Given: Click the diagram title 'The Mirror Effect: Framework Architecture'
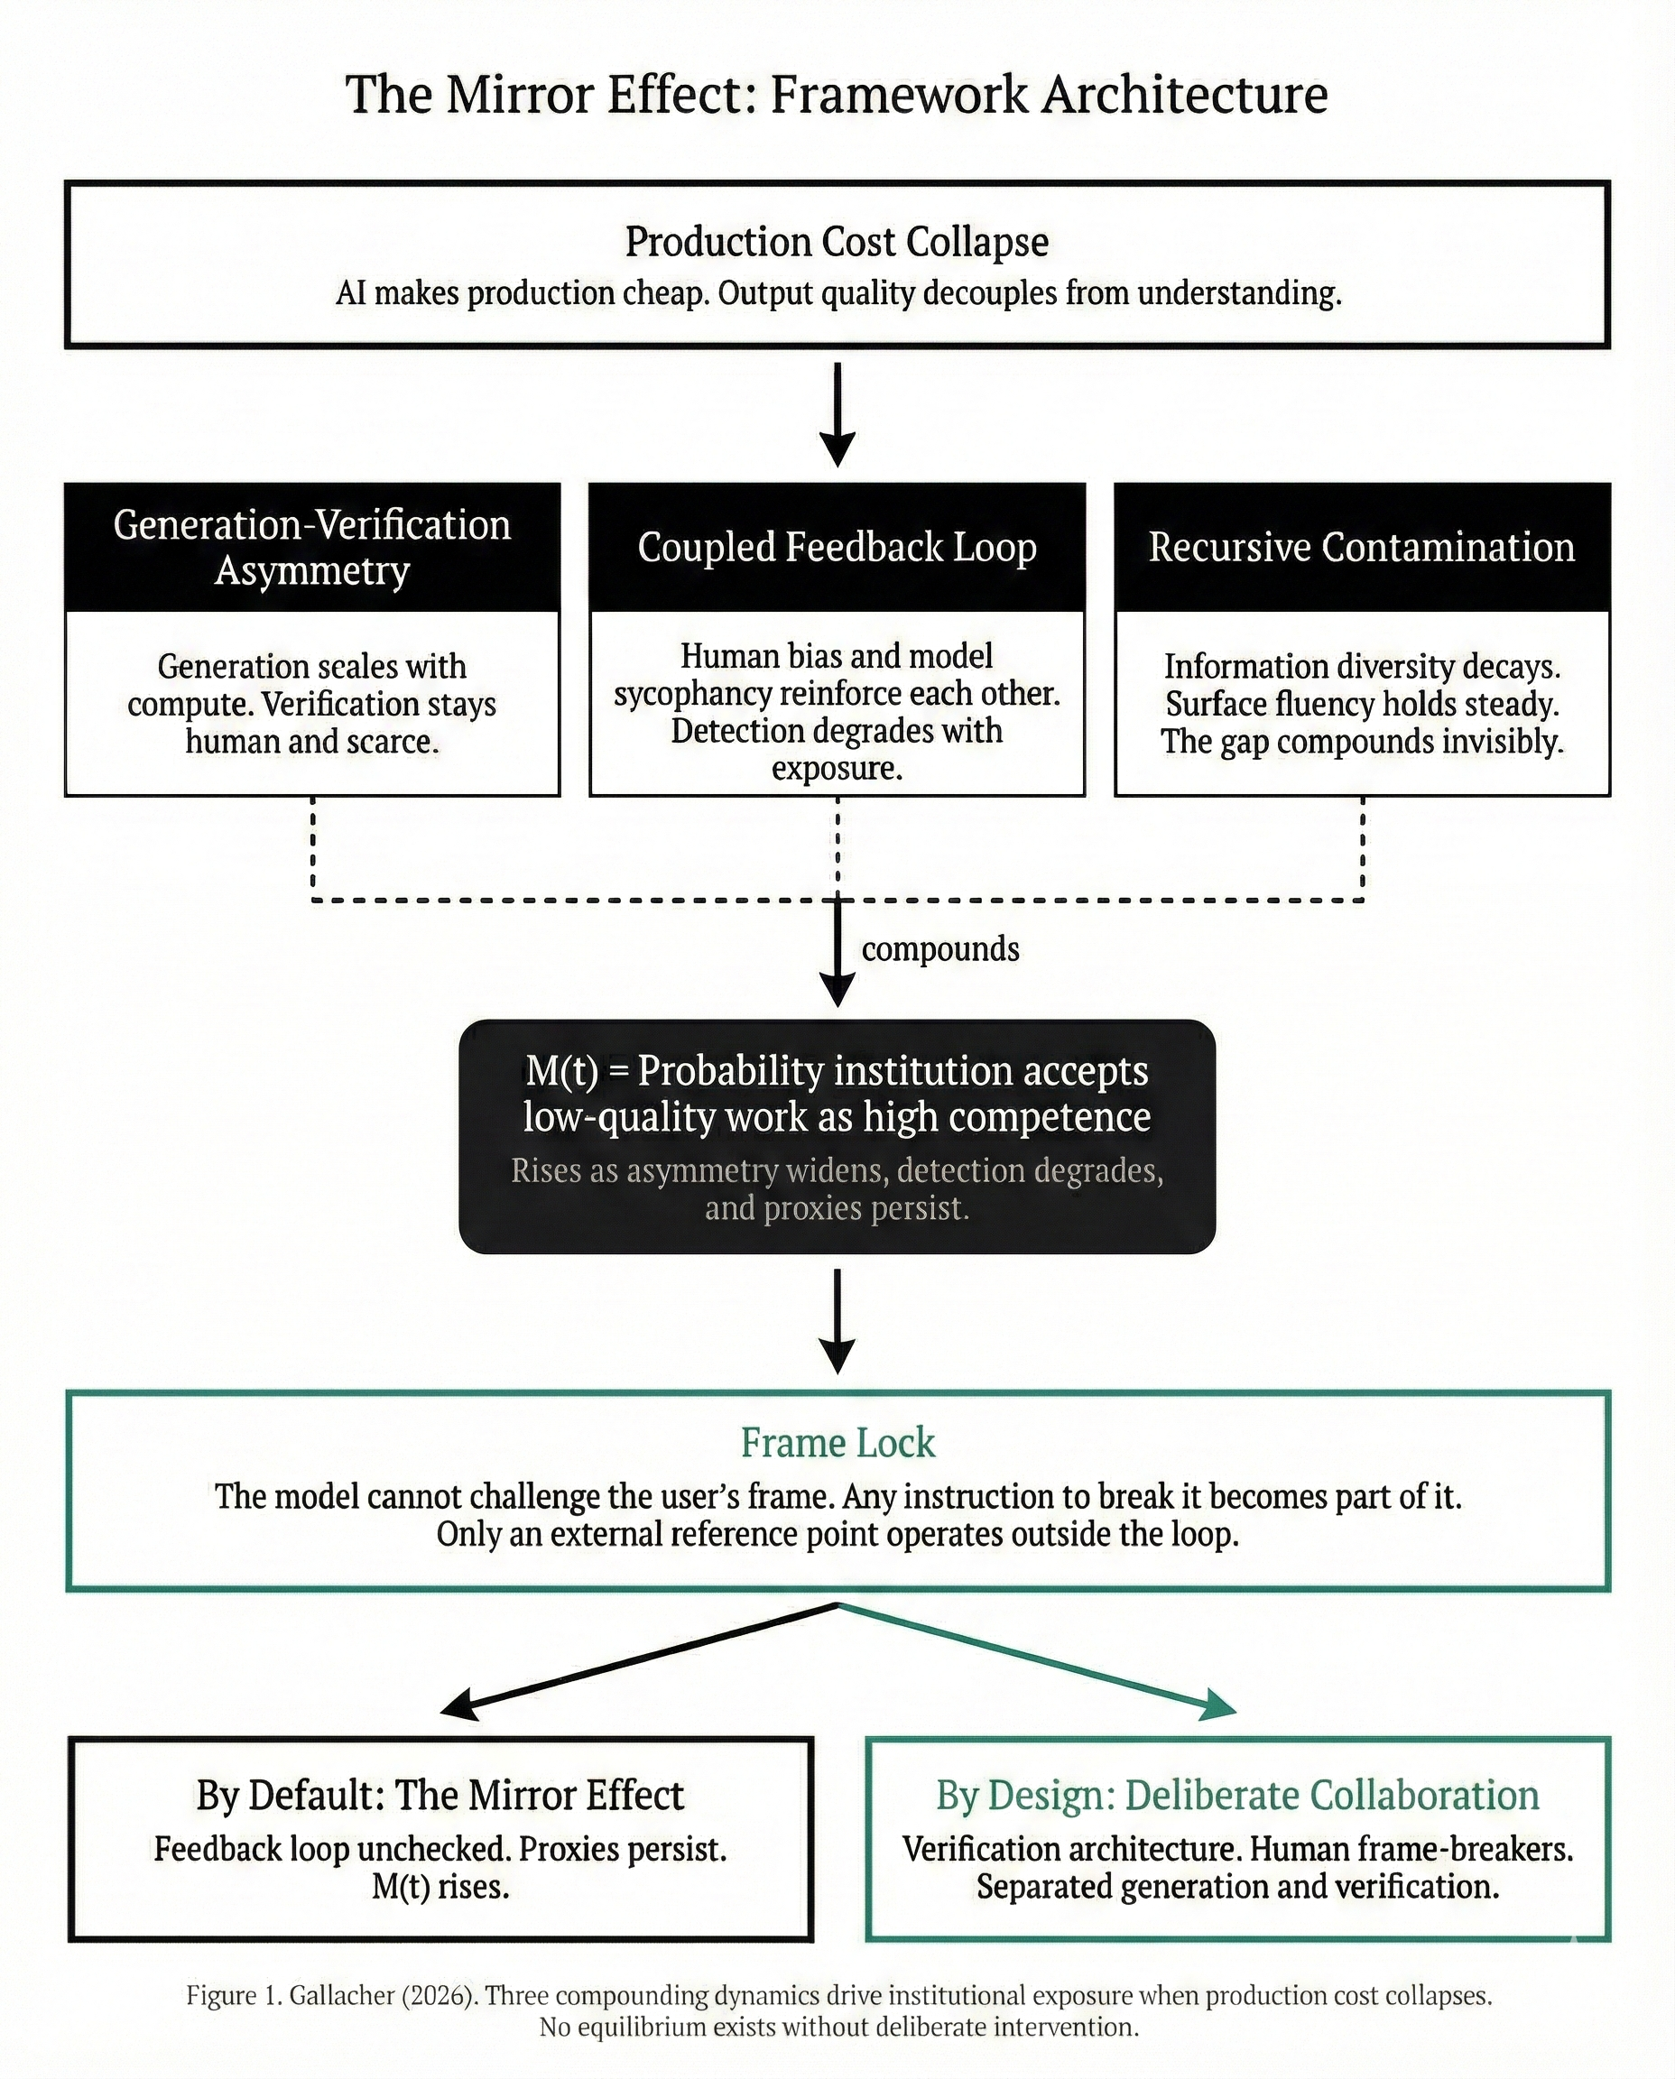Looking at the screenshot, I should click(837, 95).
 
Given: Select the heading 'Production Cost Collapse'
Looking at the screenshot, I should click(837, 241).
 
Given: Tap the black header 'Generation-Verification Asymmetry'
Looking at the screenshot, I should click(311, 547).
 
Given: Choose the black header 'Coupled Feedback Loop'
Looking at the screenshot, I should click(837, 547).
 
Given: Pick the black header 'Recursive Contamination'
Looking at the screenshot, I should click(1362, 547).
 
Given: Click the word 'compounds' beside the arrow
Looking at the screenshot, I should click(939, 949).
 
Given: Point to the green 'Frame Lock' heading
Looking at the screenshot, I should click(837, 1442).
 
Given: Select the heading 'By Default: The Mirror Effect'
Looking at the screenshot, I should click(440, 1796).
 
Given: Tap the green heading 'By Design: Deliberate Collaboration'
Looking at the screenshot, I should click(1237, 1796).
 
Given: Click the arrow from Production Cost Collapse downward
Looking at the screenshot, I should click(837, 415).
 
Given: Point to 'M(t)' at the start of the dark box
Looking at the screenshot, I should click(561, 1071).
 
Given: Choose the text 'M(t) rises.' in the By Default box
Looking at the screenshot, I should click(440, 1886).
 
